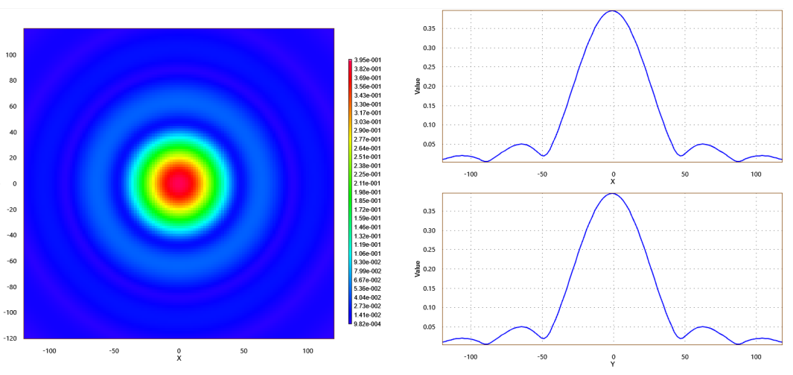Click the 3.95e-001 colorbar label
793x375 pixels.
tap(367, 60)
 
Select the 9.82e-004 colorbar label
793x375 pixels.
tap(367, 324)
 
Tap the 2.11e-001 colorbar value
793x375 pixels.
tap(367, 183)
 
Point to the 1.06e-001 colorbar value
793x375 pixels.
tap(367, 253)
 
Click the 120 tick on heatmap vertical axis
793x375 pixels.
tap(10, 29)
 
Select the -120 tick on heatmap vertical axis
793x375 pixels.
tap(9, 338)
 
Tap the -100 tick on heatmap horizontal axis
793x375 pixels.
tap(50, 350)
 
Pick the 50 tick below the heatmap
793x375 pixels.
tap(243, 350)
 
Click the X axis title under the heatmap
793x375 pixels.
tap(179, 359)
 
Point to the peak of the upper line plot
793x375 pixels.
tap(612, 11)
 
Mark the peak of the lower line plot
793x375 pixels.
tap(612, 194)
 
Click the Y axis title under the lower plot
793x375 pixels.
tap(613, 365)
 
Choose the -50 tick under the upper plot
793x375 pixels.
tap(541, 174)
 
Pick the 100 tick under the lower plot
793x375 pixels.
tap(756, 356)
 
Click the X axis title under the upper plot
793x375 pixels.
tap(613, 182)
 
